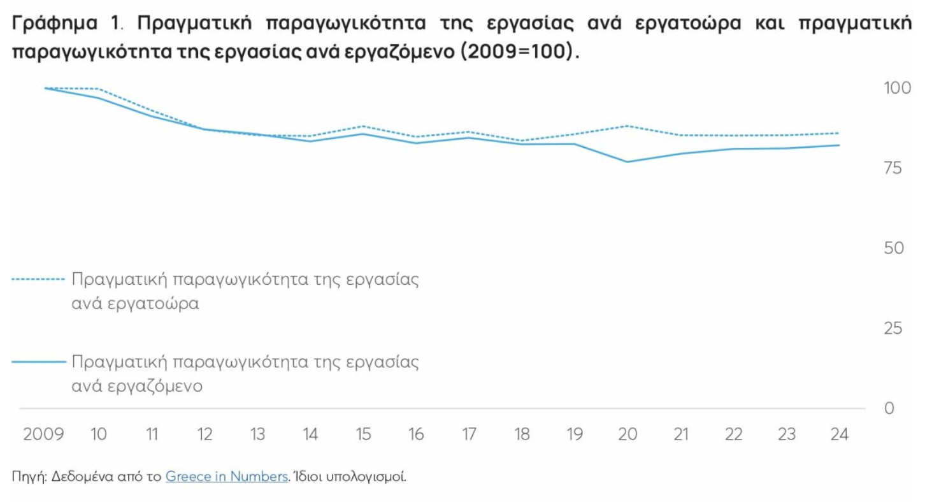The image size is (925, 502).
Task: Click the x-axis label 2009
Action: coord(44,434)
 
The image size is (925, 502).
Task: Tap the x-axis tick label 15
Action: coord(363,434)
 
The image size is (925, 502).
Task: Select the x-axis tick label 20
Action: coord(628,434)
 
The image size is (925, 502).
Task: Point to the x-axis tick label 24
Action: coord(840,434)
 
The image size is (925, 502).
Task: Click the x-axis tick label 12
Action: coord(204,434)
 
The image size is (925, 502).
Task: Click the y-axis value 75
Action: coord(893,168)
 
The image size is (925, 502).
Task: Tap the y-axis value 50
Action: coord(893,248)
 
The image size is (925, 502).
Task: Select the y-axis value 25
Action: coord(893,329)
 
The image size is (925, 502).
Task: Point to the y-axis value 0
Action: coord(890,408)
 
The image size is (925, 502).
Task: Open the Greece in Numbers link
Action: coord(227,477)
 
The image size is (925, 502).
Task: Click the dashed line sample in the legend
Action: coord(38,280)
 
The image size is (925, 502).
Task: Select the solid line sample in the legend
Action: coord(38,362)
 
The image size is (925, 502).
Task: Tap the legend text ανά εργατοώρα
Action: coord(135,304)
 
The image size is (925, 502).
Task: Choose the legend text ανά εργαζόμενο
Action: coord(137,386)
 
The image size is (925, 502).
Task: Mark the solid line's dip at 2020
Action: coord(628,162)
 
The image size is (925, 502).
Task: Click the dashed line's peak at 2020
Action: coord(628,126)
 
